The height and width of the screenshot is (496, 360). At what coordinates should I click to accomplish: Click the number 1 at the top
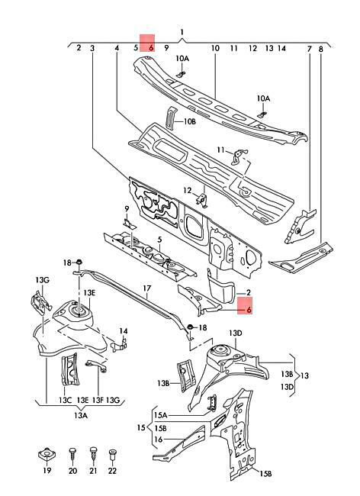[182, 32]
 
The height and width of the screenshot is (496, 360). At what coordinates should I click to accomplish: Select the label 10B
[190, 121]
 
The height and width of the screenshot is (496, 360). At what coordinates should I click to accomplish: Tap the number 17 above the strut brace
[147, 288]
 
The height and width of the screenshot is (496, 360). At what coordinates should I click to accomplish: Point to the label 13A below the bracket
[81, 415]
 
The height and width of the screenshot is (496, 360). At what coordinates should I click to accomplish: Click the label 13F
[98, 400]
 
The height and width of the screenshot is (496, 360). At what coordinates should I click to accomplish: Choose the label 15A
[161, 414]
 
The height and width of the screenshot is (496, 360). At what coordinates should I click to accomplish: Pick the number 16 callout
[159, 440]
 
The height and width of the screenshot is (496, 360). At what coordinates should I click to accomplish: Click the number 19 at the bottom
[47, 470]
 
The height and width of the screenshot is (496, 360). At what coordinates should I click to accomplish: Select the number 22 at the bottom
[113, 470]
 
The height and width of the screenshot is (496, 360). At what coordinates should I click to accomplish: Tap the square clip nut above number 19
[47, 455]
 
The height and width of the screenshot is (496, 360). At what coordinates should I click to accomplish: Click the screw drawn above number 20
[72, 456]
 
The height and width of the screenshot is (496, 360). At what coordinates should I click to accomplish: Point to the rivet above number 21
[93, 456]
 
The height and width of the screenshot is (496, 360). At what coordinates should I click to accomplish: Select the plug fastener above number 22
[113, 456]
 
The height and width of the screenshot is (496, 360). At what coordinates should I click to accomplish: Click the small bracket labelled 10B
[171, 118]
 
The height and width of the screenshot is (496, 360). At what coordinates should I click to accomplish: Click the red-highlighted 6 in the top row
[151, 48]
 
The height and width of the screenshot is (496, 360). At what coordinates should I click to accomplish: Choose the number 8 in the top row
[321, 49]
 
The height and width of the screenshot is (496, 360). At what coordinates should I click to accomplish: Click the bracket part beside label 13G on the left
[40, 303]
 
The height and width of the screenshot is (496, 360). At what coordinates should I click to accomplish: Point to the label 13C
[65, 400]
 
